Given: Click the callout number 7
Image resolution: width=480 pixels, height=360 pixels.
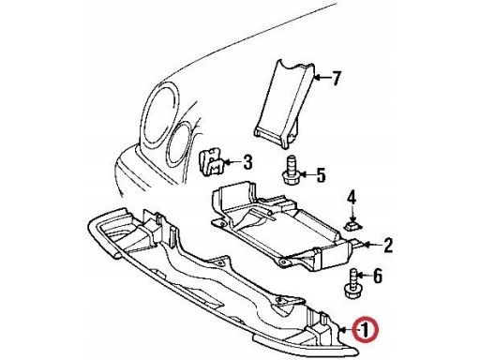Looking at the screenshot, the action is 336,78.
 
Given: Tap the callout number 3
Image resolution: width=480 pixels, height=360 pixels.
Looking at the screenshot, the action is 247,162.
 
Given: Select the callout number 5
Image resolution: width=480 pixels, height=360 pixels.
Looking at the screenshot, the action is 322,175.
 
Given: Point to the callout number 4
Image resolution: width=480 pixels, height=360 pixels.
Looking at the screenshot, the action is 352,198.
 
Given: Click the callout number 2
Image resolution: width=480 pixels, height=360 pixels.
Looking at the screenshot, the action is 388,246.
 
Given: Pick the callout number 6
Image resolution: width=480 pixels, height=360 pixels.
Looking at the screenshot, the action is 378,276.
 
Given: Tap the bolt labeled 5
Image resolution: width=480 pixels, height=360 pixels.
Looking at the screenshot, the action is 291,171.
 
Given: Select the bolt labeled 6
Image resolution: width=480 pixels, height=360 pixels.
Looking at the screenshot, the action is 351,285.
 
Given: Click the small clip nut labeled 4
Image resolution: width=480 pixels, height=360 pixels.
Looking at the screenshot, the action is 352,226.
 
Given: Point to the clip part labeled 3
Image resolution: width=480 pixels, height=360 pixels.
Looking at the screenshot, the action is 211,163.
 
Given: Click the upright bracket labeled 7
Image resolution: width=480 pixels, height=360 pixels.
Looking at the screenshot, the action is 286,102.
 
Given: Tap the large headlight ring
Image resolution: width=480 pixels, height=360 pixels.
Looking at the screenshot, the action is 144,119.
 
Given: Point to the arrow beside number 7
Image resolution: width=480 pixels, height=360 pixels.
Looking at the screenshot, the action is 322,77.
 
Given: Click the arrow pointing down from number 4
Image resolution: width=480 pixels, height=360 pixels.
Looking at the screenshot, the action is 352,215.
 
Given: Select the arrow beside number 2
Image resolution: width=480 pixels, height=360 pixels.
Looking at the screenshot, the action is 372,245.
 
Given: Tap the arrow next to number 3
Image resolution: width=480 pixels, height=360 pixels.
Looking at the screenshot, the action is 232,161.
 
